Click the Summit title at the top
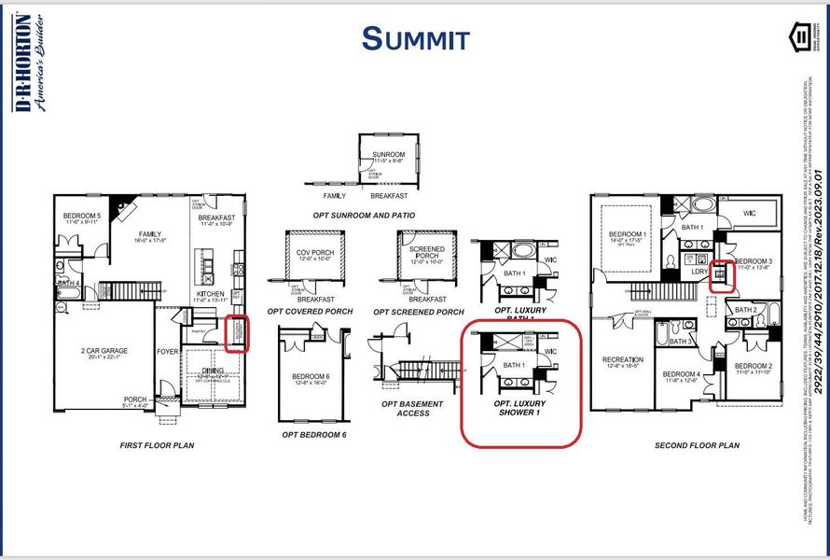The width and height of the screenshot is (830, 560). [x=415, y=38]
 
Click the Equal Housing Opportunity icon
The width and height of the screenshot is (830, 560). [x=799, y=38]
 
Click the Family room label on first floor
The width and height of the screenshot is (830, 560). [x=149, y=234]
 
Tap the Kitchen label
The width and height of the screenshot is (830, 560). [x=211, y=293]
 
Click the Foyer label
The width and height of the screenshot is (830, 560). [x=167, y=352]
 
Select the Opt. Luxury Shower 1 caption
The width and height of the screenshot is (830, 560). [x=520, y=407]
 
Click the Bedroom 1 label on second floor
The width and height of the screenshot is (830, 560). [x=627, y=234]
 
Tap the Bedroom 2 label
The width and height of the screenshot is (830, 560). [x=753, y=366]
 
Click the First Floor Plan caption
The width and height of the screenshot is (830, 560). [x=157, y=446]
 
